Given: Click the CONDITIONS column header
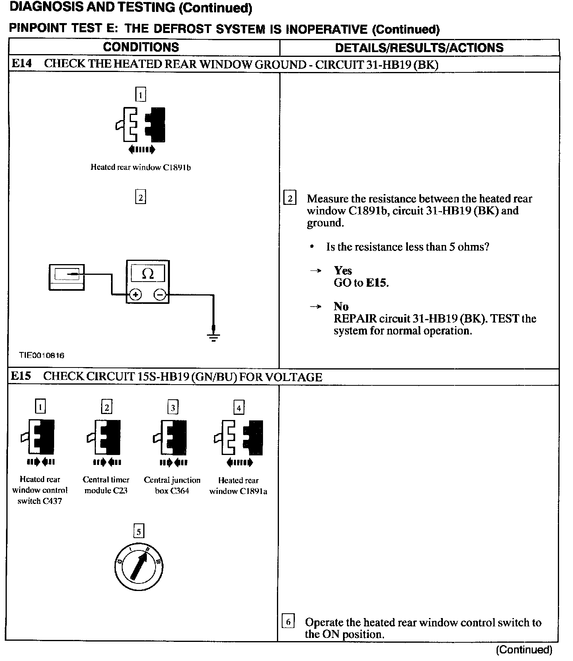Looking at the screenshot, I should point(141,47).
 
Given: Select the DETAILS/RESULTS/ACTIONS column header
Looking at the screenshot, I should point(419,48).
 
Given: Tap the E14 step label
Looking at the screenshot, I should point(21,64).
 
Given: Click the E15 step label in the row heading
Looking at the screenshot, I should point(21,376).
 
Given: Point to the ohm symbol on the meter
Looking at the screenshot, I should point(148,274).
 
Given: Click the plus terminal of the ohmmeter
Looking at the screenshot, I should point(136,295).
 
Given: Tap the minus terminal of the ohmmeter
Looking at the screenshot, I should point(160,295).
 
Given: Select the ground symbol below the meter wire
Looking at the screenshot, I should point(213,337).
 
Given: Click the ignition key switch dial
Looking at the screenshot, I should point(138,566).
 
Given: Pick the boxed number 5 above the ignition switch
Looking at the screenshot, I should point(138,532).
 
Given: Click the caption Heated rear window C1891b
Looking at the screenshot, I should point(140,167).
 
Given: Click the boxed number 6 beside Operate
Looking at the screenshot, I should point(288,621).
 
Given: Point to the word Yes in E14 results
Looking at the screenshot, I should point(343,271).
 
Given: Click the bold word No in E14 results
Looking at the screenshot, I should point(341,307).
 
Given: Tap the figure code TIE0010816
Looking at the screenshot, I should point(41,355).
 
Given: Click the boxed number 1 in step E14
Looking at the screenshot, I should point(140,95).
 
